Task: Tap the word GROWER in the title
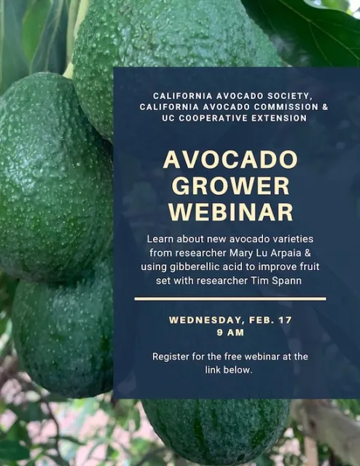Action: coord(230,186)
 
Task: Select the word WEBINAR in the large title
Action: coord(230,212)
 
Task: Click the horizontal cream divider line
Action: coord(230,299)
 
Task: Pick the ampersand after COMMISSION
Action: coord(324,107)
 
